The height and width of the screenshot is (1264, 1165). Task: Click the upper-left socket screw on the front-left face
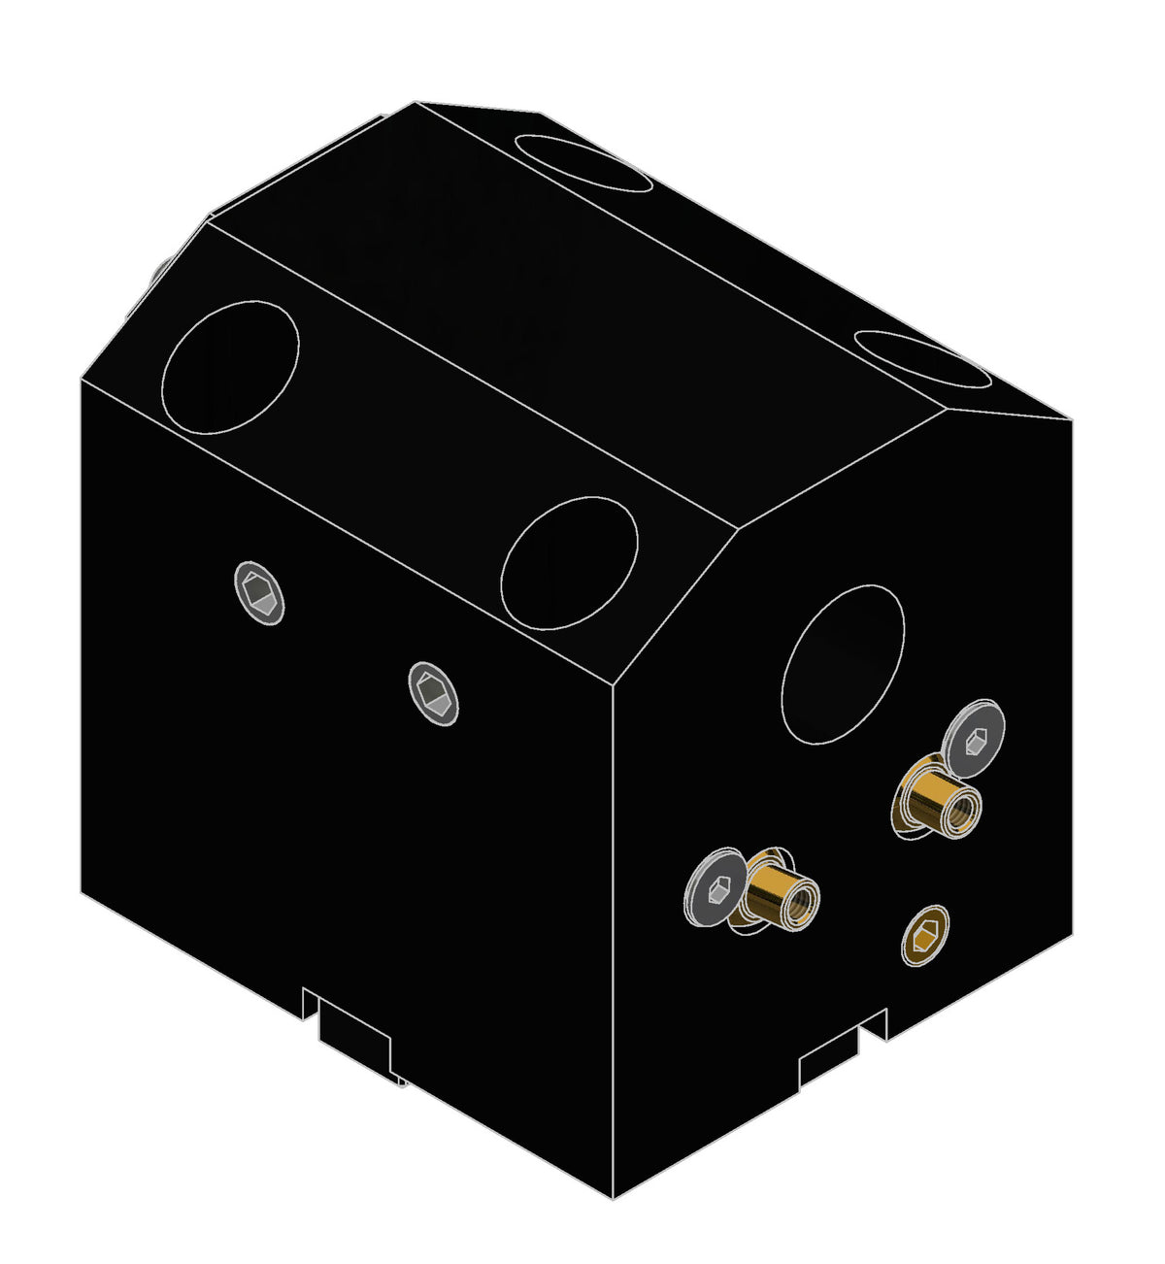pyautogui.click(x=259, y=592)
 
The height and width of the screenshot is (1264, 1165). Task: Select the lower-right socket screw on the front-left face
pyautogui.click(x=433, y=693)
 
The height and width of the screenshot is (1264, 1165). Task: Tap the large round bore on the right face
pyautogui.click(x=843, y=665)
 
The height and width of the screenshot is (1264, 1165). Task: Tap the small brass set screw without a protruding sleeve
pyautogui.click(x=924, y=936)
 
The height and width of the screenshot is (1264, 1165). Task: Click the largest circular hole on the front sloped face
pyautogui.click(x=231, y=367)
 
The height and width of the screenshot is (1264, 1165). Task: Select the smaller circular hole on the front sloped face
pyautogui.click(x=569, y=563)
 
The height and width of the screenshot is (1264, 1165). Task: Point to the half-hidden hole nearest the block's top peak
pyautogui.click(x=582, y=160)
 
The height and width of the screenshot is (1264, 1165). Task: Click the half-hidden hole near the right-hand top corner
pyautogui.click(x=922, y=359)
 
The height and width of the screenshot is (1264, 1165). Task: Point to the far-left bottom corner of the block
pyautogui.click(x=81, y=891)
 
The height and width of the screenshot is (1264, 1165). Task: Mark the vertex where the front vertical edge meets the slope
pyautogui.click(x=614, y=685)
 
